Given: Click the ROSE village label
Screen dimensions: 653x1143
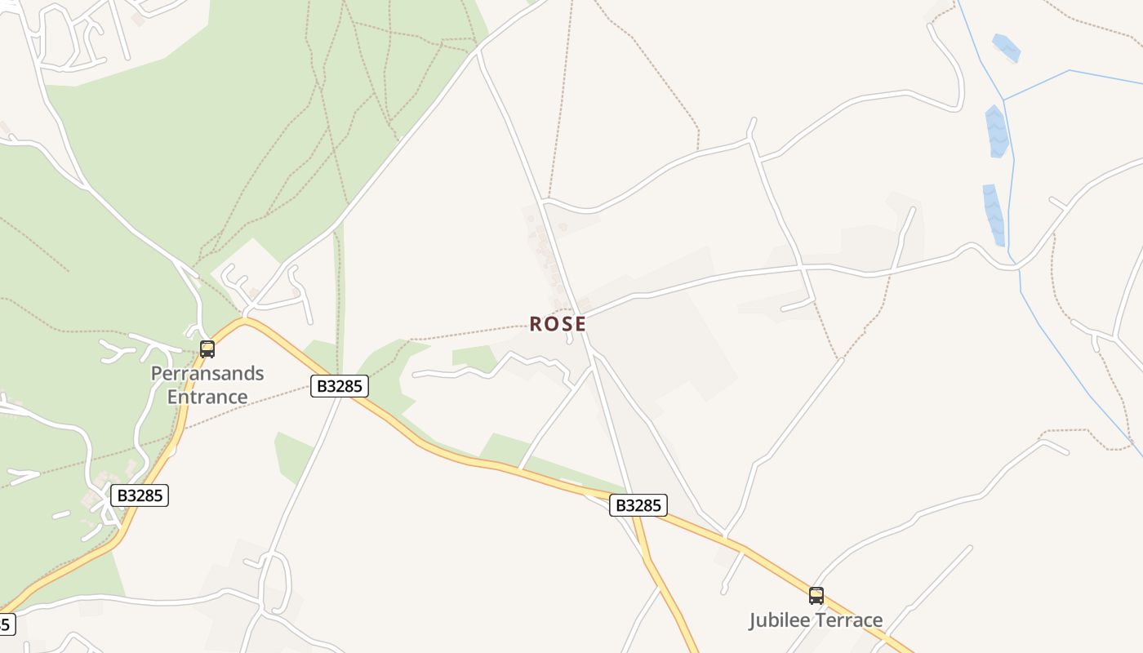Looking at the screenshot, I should [x=558, y=324].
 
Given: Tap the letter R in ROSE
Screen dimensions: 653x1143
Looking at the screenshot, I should [x=536, y=324].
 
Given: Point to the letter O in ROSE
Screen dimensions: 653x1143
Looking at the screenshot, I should [x=551, y=324].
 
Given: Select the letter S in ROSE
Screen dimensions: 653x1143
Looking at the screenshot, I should [x=566, y=324].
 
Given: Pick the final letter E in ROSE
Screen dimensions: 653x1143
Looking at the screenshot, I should [x=580, y=324].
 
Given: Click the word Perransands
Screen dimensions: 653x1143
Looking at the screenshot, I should [x=207, y=374].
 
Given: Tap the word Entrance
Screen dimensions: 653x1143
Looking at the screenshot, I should [x=207, y=398].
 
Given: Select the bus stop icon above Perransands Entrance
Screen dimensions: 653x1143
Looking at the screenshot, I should [x=207, y=349].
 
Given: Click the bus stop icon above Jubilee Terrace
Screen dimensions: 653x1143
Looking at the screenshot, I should [x=816, y=596].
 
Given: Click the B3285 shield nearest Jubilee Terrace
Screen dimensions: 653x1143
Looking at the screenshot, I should [x=638, y=506].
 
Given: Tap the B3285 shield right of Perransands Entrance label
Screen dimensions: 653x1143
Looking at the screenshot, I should [x=340, y=386].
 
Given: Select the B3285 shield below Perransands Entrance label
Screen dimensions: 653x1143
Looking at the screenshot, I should [x=140, y=495].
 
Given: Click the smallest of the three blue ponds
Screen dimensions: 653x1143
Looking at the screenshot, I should [x=1006, y=47].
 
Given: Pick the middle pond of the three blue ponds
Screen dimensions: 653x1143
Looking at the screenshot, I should [x=996, y=131].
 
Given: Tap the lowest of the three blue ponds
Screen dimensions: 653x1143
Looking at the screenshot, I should [x=994, y=214].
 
